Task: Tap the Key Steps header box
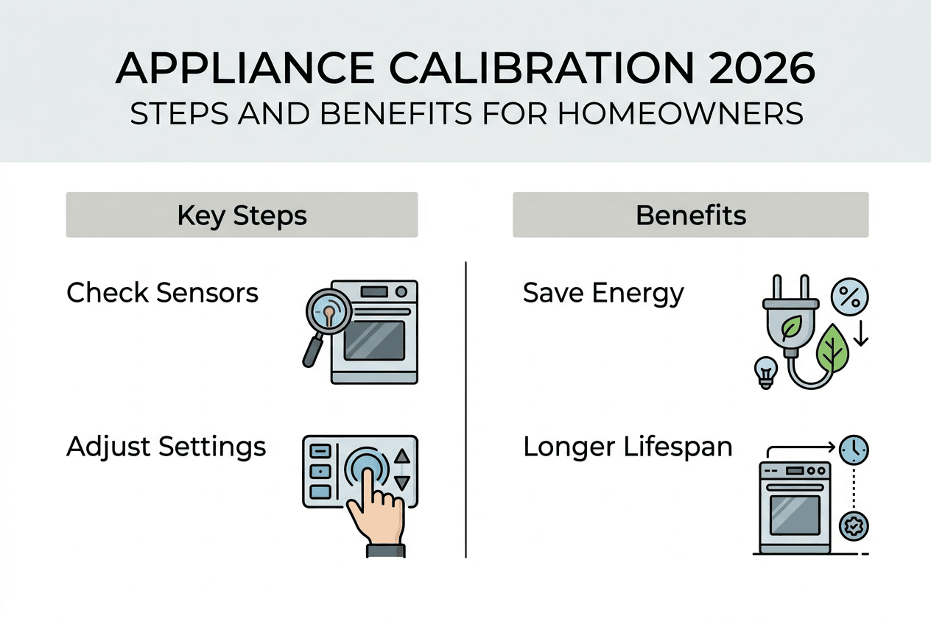pyautogui.click(x=242, y=215)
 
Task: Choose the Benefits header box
pyautogui.click(x=690, y=215)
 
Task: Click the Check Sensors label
pyautogui.click(x=162, y=293)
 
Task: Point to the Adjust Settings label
pyautogui.click(x=166, y=446)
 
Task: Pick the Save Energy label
pyautogui.click(x=603, y=293)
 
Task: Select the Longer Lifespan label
pyautogui.click(x=628, y=446)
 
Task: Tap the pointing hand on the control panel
pyautogui.click(x=376, y=508)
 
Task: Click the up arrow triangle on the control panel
pyautogui.click(x=402, y=456)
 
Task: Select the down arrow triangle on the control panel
pyautogui.click(x=402, y=483)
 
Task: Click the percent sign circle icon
pyautogui.click(x=850, y=297)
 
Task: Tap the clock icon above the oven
pyautogui.click(x=855, y=448)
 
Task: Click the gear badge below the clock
pyautogui.click(x=854, y=526)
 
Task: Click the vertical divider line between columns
pyautogui.click(x=466, y=409)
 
